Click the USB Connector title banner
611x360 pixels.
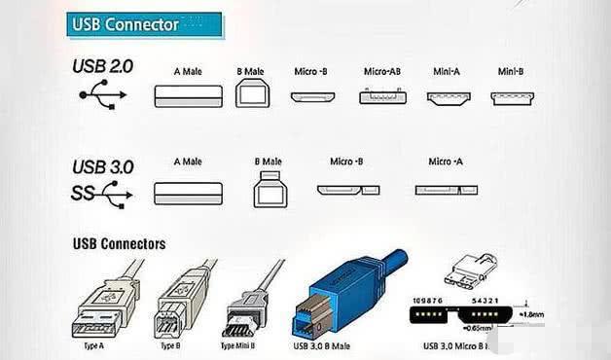143,24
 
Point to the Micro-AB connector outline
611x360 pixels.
382,96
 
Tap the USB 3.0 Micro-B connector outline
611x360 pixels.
345,191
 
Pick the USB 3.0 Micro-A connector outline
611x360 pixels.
447,191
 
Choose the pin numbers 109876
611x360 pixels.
429,302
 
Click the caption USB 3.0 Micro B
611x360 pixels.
463,345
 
